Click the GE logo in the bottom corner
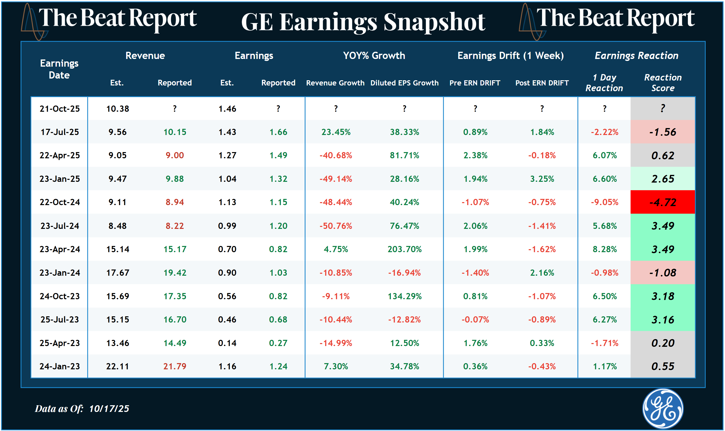click(663, 408)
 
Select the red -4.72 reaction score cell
click(663, 202)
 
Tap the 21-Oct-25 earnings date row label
click(59, 109)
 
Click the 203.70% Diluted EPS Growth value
click(404, 249)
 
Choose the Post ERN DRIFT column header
click(542, 83)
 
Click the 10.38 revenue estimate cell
click(117, 109)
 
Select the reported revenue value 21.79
click(175, 366)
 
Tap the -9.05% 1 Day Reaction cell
click(604, 202)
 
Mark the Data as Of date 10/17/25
click(109, 409)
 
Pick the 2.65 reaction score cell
click(663, 179)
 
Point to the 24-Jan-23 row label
click(59, 366)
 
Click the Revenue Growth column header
click(335, 83)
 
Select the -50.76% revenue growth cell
click(336, 226)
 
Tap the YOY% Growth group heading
click(374, 55)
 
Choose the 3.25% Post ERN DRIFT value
click(542, 179)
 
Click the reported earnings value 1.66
click(278, 132)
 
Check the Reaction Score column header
click(663, 82)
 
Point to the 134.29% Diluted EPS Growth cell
click(404, 296)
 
